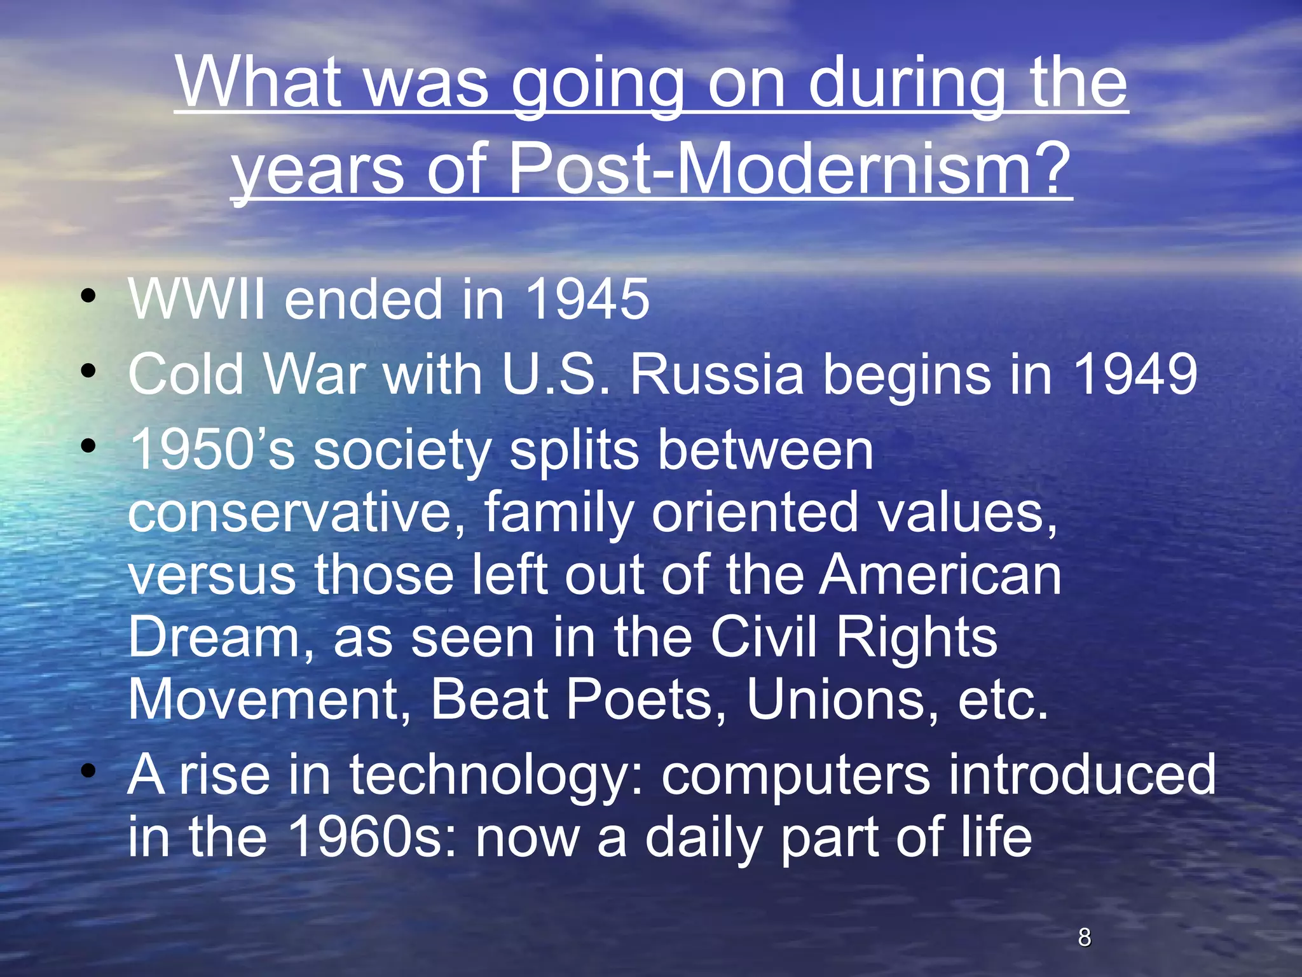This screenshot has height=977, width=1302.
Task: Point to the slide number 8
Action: click(x=1085, y=937)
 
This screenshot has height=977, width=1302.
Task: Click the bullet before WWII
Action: click(x=88, y=296)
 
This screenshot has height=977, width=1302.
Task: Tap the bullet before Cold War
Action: click(x=88, y=370)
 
